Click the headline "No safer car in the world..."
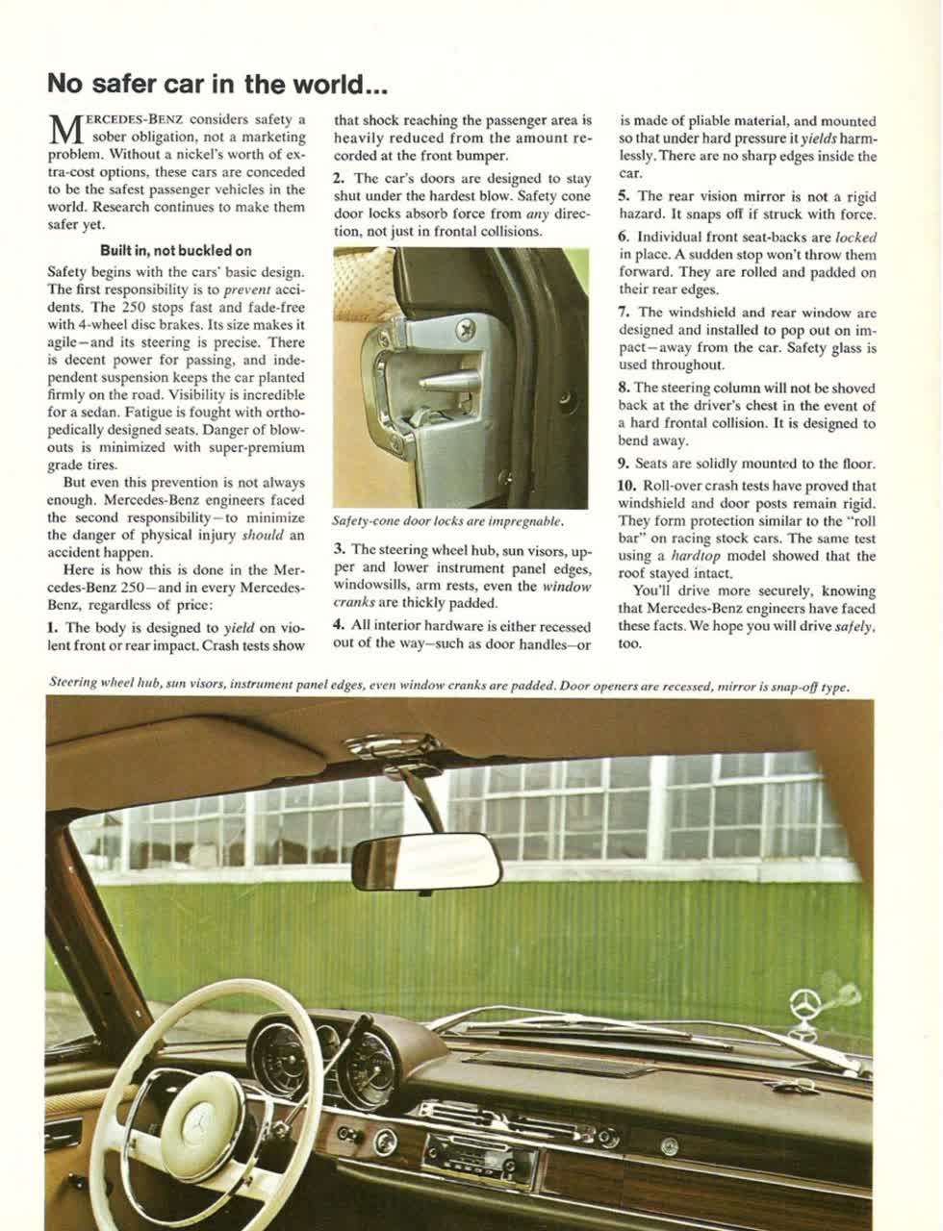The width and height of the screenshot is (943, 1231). pos(217,84)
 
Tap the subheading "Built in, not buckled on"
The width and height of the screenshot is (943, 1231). pos(176,251)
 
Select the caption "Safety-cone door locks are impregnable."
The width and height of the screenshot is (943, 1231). pos(446,521)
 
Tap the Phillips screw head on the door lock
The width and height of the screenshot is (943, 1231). pos(467,329)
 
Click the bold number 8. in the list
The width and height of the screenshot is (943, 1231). pos(624,389)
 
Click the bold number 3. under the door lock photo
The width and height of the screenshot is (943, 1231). pos(340,549)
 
